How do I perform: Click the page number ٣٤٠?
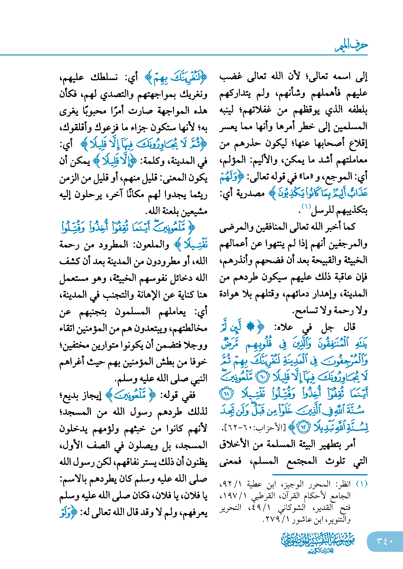(385, 541)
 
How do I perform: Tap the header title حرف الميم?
(351, 46)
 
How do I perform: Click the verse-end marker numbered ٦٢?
(303, 427)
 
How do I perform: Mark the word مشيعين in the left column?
(192, 211)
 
